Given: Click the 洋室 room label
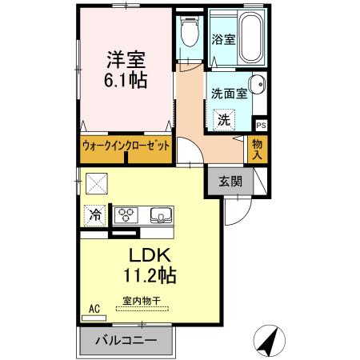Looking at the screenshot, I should (127, 59).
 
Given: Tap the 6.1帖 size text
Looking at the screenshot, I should (127, 82).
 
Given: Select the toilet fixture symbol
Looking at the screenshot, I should (190, 34).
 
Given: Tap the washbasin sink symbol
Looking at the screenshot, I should (258, 86).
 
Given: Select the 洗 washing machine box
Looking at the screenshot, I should (225, 119).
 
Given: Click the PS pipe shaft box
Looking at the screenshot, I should (260, 125).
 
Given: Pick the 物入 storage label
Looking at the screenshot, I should (257, 150).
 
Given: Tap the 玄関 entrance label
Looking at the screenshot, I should (230, 181).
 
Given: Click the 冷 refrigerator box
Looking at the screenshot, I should (95, 214).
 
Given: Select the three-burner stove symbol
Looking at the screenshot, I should (129, 214).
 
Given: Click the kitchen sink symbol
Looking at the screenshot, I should (161, 214).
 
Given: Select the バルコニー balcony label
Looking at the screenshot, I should (125, 339).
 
